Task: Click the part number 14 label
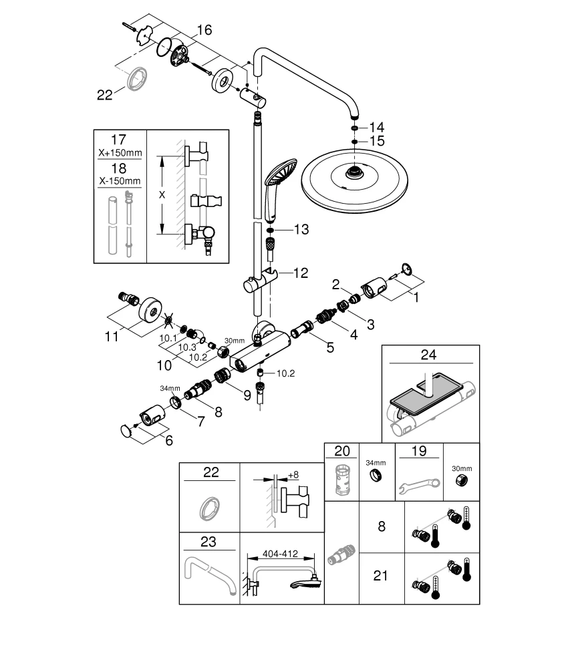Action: (x=378, y=127)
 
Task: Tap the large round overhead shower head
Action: (x=351, y=177)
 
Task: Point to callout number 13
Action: (x=301, y=230)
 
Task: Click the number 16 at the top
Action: (x=204, y=30)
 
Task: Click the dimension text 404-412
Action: (x=279, y=554)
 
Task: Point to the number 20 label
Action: (x=341, y=451)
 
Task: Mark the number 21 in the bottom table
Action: (x=380, y=575)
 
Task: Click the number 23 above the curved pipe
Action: (x=209, y=540)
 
